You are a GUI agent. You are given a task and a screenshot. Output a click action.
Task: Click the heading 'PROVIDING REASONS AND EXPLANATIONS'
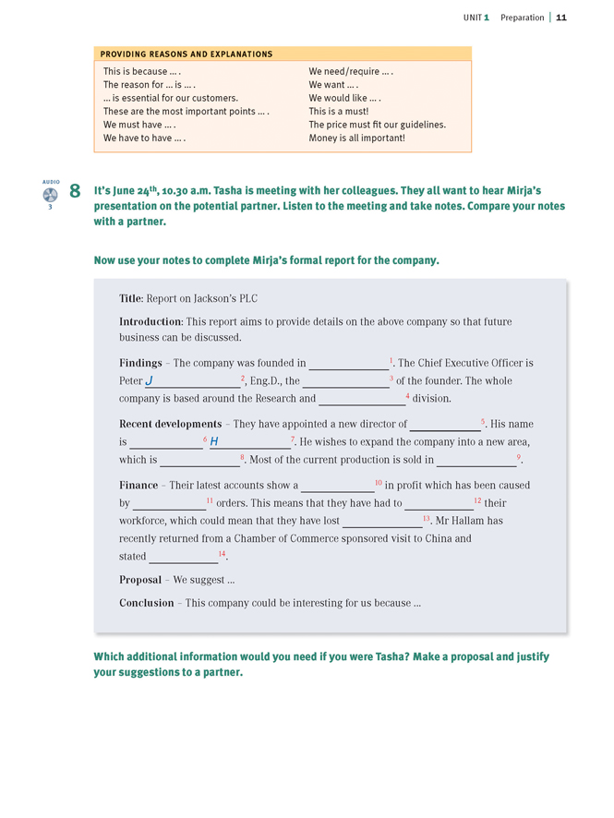(187, 54)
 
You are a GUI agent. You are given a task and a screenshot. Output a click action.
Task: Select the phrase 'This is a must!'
(340, 111)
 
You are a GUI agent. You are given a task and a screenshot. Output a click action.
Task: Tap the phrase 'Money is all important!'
(356, 138)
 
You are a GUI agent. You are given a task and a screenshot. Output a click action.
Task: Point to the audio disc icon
(50, 195)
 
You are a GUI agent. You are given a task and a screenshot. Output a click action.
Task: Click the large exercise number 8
(75, 192)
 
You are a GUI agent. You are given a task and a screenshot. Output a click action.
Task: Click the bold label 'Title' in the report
(131, 298)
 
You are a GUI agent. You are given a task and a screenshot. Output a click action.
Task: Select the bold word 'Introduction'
(150, 321)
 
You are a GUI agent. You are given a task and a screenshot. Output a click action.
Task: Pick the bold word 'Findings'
(140, 363)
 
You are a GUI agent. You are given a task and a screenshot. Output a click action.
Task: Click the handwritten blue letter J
(150, 380)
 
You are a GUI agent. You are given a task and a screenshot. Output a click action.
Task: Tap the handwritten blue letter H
(214, 441)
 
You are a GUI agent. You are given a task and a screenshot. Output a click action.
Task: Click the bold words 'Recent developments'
(170, 424)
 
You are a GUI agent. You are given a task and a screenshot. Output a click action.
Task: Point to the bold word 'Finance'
(138, 485)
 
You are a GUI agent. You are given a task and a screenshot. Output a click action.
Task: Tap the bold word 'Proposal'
(140, 580)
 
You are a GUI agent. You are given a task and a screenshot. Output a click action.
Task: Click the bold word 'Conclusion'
(146, 603)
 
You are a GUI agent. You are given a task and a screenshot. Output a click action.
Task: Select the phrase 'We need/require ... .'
(351, 71)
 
